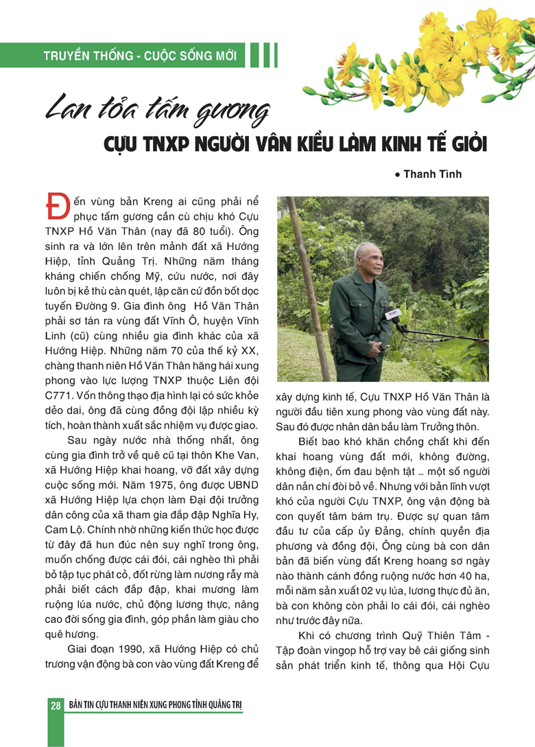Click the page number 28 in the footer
tap(55, 706)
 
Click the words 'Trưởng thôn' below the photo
tap(437, 426)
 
